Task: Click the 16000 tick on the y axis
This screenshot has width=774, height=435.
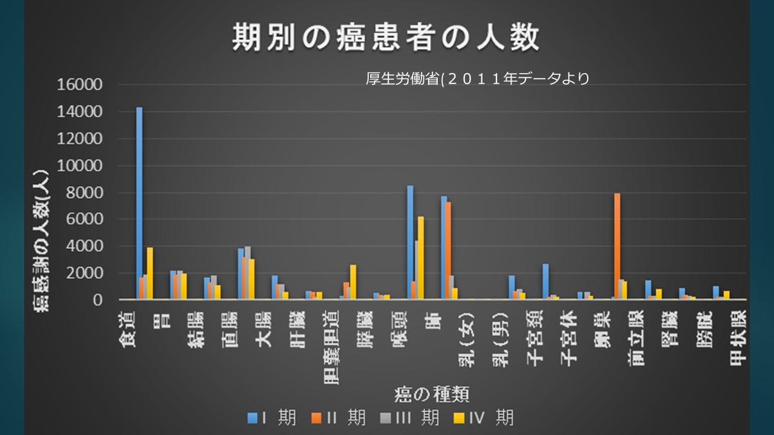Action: pyautogui.click(x=80, y=85)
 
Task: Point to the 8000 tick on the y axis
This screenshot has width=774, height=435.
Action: pyautogui.click(x=84, y=193)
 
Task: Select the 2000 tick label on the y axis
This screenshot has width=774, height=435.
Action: pyautogui.click(x=84, y=273)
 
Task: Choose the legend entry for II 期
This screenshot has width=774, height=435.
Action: pyautogui.click(x=338, y=417)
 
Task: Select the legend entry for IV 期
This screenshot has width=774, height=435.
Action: pyautogui.click(x=483, y=417)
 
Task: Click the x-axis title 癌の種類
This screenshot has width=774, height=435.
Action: pyautogui.click(x=432, y=394)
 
